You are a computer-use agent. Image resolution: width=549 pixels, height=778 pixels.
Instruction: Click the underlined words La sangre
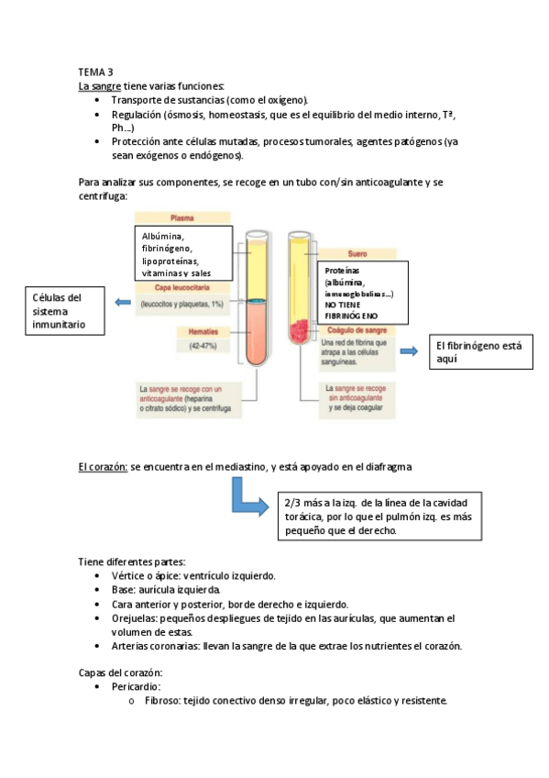[x=98, y=85]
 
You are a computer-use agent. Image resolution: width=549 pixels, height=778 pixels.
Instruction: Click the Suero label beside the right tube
[x=357, y=252]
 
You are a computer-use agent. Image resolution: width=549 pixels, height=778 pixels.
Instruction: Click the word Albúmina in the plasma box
[x=163, y=237]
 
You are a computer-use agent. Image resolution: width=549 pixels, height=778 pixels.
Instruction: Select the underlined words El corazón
[x=103, y=467]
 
